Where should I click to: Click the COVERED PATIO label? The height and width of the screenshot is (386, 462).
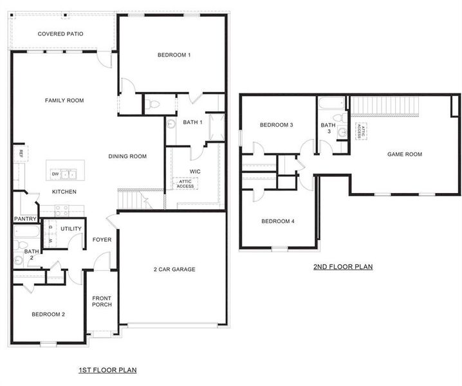pyautogui.click(x=60, y=34)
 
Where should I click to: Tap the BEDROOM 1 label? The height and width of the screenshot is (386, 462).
pyautogui.click(x=174, y=55)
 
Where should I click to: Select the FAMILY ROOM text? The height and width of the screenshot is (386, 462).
pyautogui.click(x=64, y=100)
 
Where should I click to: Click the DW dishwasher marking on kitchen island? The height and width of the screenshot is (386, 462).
pyautogui.click(x=56, y=174)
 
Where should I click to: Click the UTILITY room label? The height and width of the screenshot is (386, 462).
pyautogui.click(x=71, y=229)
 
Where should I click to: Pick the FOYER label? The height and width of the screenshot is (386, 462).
pyautogui.click(x=102, y=240)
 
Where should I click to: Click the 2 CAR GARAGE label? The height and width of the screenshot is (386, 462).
pyautogui.click(x=174, y=270)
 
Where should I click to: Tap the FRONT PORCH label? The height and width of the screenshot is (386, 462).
pyautogui.click(x=102, y=301)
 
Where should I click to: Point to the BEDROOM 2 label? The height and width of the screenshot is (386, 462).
pyautogui.click(x=48, y=314)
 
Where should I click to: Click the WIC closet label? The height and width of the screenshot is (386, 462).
pyautogui.click(x=196, y=171)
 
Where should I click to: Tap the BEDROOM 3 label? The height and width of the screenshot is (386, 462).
pyautogui.click(x=277, y=125)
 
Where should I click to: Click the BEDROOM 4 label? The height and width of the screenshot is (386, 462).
pyautogui.click(x=277, y=221)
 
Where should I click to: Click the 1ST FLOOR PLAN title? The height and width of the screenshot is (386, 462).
pyautogui.click(x=107, y=370)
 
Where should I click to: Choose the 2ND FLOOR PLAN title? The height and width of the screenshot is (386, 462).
pyautogui.click(x=343, y=266)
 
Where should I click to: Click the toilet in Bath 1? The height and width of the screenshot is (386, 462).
pyautogui.click(x=154, y=104)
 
